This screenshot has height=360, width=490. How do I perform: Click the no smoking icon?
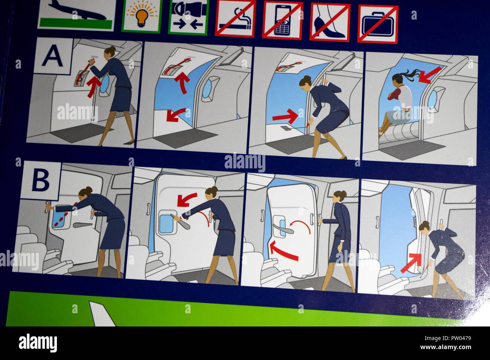[235, 19]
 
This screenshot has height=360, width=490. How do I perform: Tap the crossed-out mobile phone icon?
[282, 20]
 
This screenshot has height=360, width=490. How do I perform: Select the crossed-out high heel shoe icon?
[330, 22]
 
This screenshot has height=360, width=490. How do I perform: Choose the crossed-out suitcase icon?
[378, 24]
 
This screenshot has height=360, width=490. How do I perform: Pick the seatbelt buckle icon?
[188, 17]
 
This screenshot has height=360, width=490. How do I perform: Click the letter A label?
[52, 56]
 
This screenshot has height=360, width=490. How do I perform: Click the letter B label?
[40, 180]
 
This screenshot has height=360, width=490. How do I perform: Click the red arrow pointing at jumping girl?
[430, 74]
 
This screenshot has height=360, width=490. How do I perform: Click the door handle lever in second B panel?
[180, 221]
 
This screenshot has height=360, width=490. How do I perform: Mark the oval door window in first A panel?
[104, 85]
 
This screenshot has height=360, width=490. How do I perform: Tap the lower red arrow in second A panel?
[176, 114]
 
